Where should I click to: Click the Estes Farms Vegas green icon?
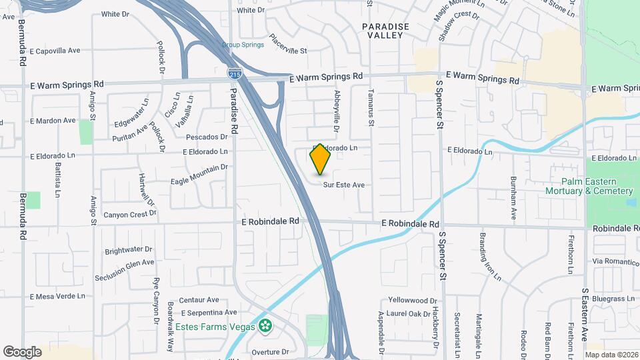[266, 326]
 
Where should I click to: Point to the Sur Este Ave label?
[344, 185]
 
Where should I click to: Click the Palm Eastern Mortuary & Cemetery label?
[596, 186]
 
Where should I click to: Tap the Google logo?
[22, 351]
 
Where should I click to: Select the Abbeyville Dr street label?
[337, 111]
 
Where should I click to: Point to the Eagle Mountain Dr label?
[199, 174]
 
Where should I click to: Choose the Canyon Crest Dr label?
[129, 215]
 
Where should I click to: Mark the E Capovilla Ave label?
[55, 50]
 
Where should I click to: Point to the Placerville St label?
[288, 45]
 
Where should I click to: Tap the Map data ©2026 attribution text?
[611, 355]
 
